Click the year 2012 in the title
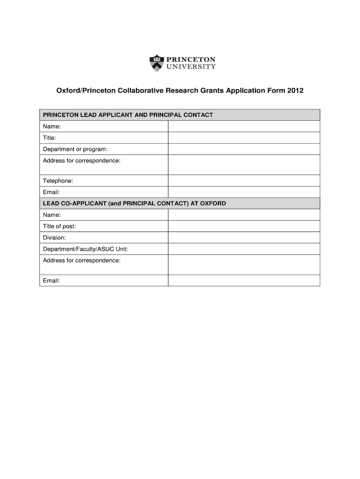[295, 90]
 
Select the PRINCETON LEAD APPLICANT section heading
[128, 115]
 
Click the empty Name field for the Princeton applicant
[244, 126]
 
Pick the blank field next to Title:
[244, 138]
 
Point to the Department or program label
[75, 149]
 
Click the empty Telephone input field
[244, 181]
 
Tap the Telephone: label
[58, 181]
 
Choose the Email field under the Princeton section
[244, 192]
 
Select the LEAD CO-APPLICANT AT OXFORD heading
[135, 203]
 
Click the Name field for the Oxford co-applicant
[244, 215]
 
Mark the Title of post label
[59, 226]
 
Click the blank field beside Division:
[244, 238]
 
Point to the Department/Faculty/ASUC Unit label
[86, 249]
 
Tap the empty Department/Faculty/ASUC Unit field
[244, 249]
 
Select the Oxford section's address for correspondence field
[244, 265]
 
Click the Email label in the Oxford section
[51, 281]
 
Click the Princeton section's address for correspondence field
[244, 165]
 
